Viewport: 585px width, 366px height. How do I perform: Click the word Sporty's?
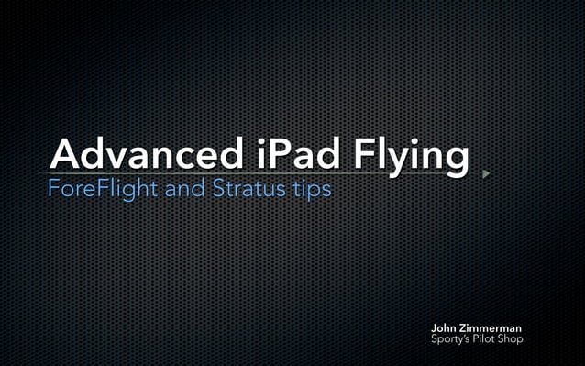pos(452,340)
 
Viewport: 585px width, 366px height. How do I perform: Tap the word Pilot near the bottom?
pos(487,339)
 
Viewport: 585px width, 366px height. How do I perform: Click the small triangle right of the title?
pos(486,172)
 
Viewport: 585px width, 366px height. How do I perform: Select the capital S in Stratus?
pos(217,192)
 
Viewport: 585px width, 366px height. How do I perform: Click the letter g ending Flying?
pos(456,160)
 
